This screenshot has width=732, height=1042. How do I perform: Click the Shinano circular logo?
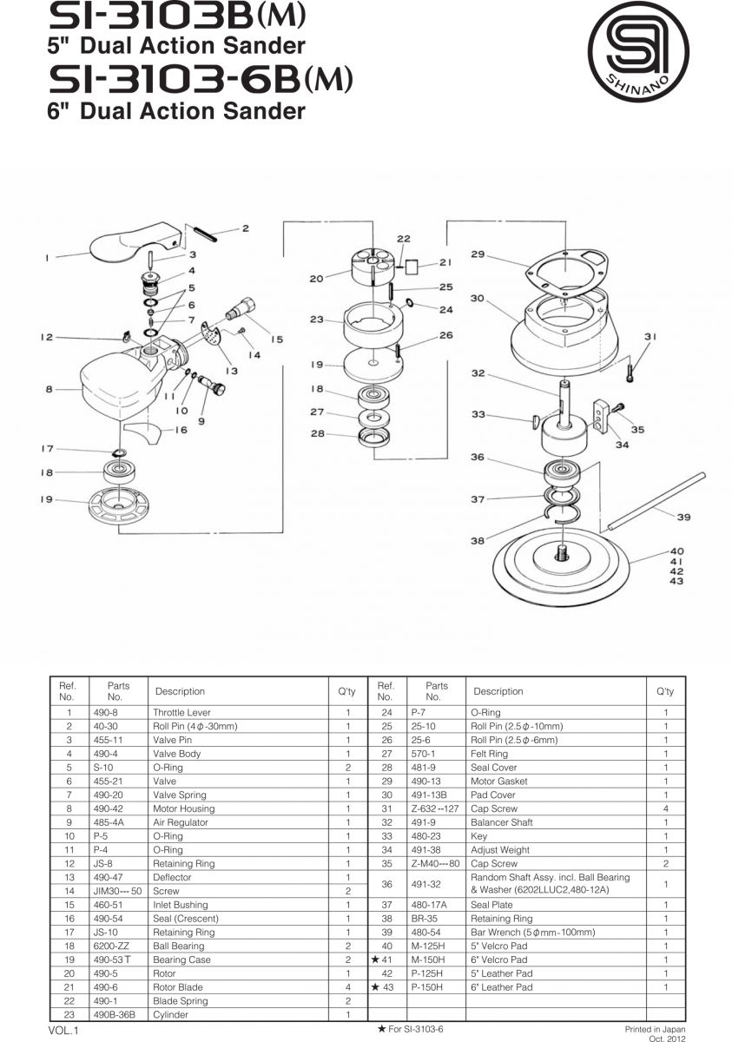(638, 51)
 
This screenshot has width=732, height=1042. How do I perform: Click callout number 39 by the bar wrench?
(683, 518)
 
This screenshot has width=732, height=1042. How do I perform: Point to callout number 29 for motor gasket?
(478, 254)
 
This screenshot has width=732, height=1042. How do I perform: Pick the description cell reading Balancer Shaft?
(501, 822)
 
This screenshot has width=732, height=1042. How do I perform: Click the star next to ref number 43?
(376, 987)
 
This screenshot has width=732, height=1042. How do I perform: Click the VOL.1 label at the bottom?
(63, 1031)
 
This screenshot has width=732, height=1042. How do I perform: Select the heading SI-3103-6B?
(200, 81)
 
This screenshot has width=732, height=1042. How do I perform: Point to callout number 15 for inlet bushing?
(276, 340)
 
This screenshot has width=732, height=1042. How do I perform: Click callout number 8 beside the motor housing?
(49, 390)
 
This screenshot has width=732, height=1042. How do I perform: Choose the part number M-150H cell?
(427, 960)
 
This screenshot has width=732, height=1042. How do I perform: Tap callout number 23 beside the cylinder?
(316, 320)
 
